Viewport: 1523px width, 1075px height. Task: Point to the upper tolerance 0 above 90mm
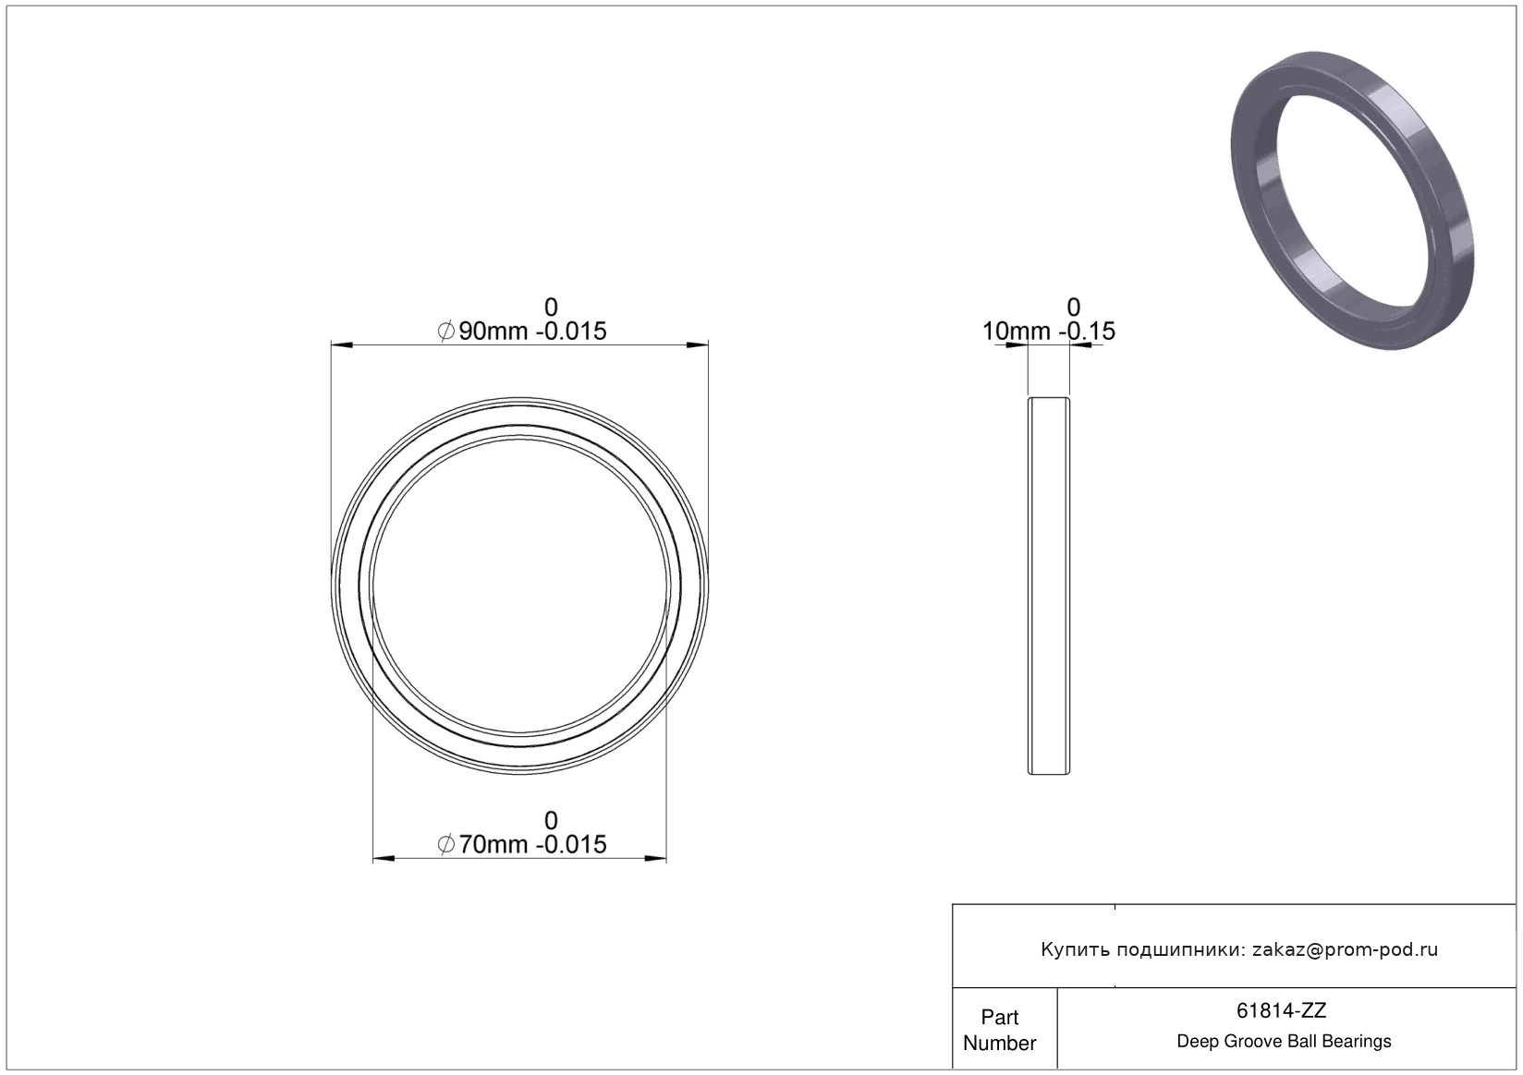[551, 308]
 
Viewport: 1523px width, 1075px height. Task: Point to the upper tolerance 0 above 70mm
[551, 820]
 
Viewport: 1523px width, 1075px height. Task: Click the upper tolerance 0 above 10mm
[1073, 308]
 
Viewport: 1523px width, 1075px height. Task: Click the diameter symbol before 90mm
[446, 332]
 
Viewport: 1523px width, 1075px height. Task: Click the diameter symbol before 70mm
[446, 845]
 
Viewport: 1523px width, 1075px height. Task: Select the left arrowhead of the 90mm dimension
[342, 345]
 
